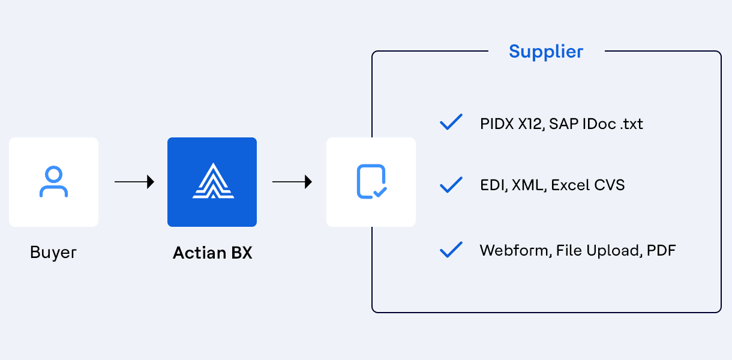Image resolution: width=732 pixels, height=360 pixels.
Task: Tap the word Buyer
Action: [x=53, y=253]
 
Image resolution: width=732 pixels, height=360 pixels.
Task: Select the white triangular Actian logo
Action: [x=213, y=181]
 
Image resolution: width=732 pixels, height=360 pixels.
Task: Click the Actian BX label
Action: [x=212, y=253]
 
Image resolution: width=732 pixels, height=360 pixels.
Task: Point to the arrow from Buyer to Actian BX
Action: [x=134, y=182]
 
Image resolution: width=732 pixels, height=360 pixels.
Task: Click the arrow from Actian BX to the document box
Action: [x=292, y=182]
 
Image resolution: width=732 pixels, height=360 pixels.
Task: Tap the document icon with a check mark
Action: [x=371, y=182]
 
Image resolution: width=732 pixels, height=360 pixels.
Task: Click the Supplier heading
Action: [x=546, y=52]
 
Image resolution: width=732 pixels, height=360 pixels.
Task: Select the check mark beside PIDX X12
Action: [x=451, y=122]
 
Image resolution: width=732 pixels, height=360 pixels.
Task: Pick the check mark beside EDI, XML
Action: [x=451, y=185]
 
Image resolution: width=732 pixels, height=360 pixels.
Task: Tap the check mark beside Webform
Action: [x=451, y=250]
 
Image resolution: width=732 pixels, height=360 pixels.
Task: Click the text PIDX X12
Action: [x=512, y=124]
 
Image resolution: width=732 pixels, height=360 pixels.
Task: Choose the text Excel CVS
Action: [x=588, y=185]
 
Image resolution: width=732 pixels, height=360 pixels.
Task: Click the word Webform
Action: [x=515, y=251]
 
